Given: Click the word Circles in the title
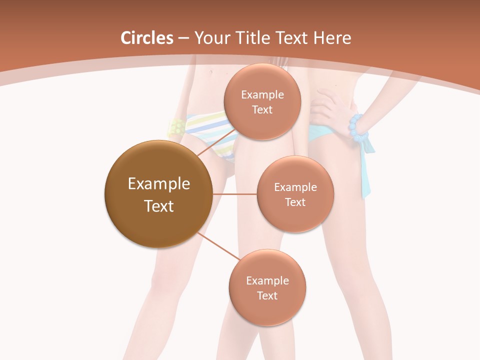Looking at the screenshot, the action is [x=146, y=38].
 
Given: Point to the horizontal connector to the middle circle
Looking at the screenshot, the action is [x=234, y=194].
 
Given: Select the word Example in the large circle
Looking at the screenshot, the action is [x=158, y=184].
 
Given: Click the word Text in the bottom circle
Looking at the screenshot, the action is [x=267, y=295].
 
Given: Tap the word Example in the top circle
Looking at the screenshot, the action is [x=262, y=95].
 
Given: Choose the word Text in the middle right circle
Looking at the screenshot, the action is [x=295, y=202].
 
